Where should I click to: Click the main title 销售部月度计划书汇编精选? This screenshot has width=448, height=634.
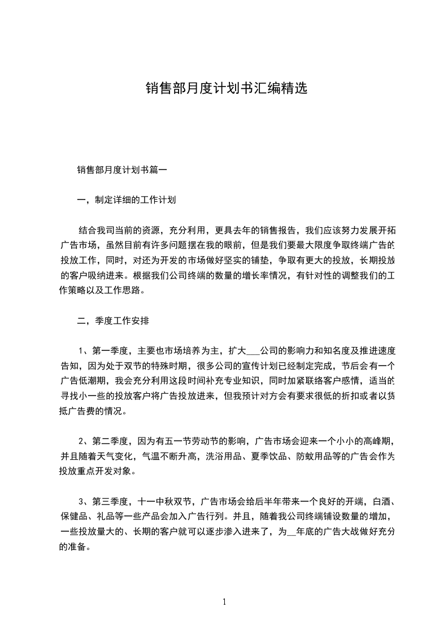point(226,88)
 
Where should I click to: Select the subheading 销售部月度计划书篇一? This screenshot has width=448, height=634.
point(120,169)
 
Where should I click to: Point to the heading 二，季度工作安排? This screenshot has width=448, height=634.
point(113,320)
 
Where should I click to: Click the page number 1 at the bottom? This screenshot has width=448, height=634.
point(224,601)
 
